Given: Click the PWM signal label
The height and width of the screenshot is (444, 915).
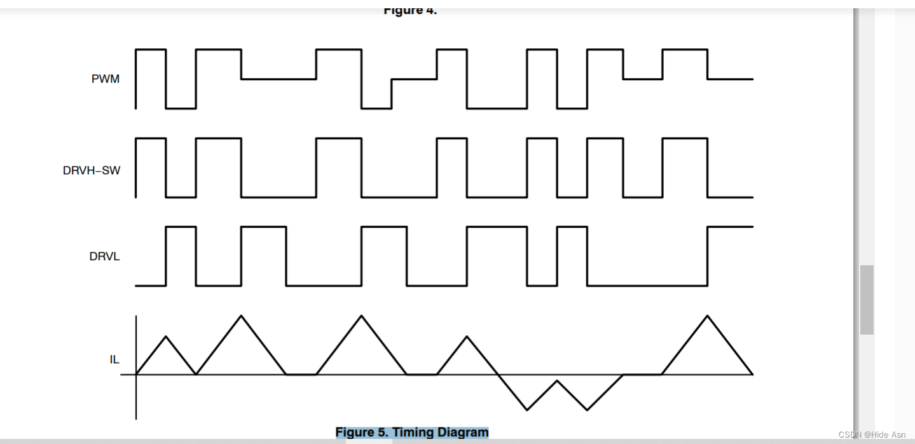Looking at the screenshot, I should click(106, 80).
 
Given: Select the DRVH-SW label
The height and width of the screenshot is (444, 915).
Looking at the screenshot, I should click(92, 170).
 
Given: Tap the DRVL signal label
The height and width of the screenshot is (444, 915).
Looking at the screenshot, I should click(105, 257).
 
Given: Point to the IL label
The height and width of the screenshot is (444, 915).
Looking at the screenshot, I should click(114, 359).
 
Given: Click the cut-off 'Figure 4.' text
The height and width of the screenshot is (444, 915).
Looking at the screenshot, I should click(410, 11).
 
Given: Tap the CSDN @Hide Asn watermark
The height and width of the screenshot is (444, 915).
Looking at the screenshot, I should click(872, 434).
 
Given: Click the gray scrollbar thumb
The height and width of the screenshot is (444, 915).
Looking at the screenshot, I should click(867, 299).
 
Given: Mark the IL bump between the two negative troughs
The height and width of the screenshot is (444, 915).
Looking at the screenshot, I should click(557, 381).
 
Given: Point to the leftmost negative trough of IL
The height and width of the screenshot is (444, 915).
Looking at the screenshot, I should click(527, 410).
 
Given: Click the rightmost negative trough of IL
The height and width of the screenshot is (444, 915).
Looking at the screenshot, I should click(587, 410).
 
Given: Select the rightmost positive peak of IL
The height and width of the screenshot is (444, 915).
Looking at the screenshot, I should click(707, 316).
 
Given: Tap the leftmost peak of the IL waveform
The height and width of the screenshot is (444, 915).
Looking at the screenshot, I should click(166, 336).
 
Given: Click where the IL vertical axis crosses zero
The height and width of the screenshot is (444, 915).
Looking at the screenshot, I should click(136, 374).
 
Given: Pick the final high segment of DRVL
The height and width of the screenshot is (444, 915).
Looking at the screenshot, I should click(730, 227).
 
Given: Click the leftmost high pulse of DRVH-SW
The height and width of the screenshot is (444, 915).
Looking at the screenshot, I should click(151, 138).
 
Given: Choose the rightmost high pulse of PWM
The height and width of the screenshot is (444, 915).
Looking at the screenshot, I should click(685, 50).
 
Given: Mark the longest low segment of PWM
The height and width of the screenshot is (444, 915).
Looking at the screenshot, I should click(497, 108).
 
